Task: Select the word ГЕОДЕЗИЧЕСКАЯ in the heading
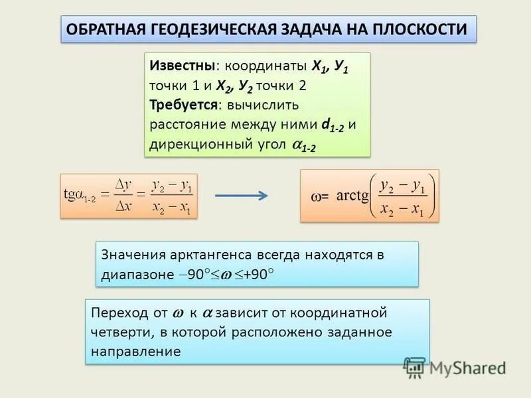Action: (x=220, y=30)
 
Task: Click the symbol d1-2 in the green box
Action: (x=333, y=125)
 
